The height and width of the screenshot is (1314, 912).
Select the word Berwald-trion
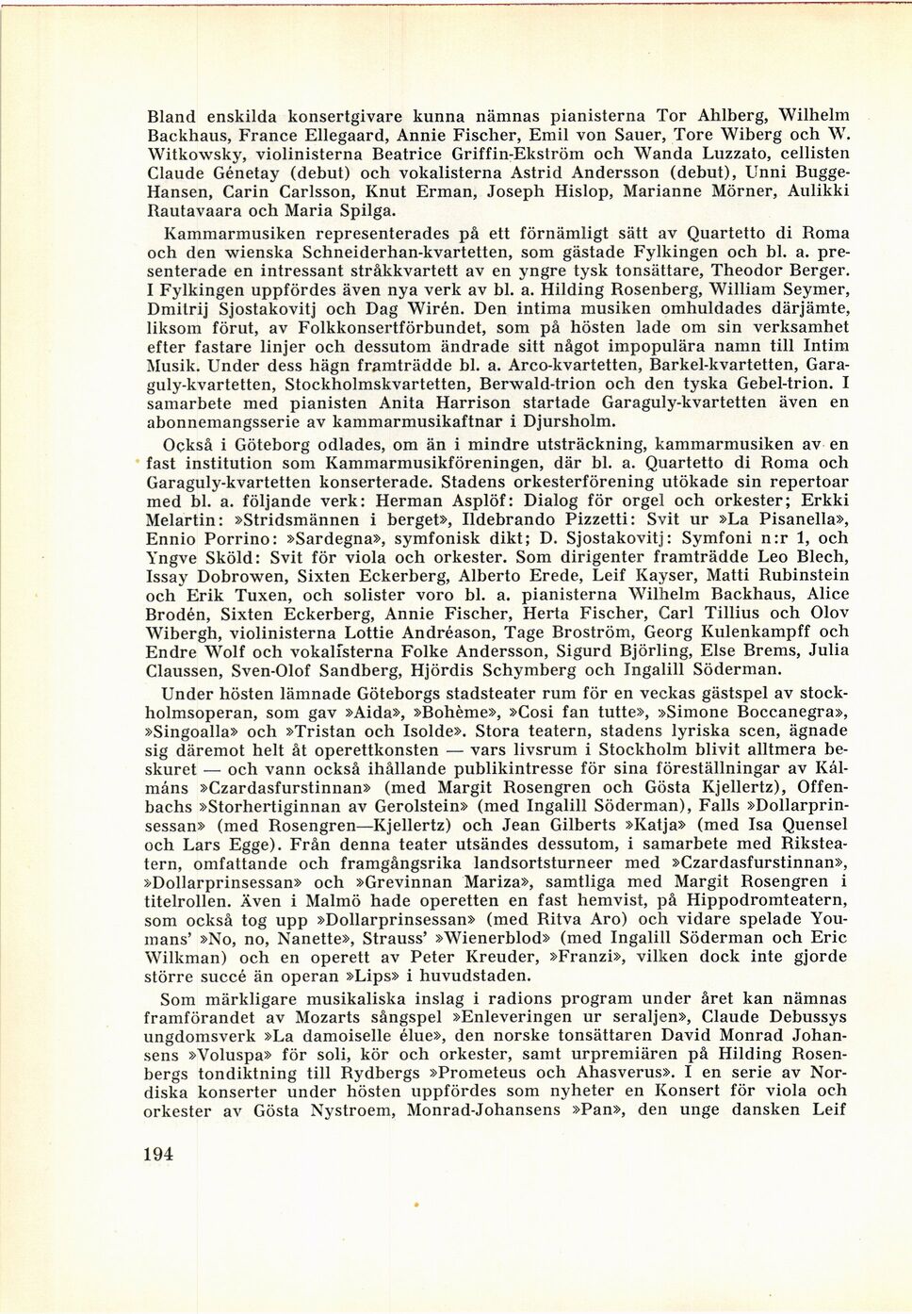[534, 383]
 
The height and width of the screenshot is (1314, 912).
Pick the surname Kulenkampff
[735, 632]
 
